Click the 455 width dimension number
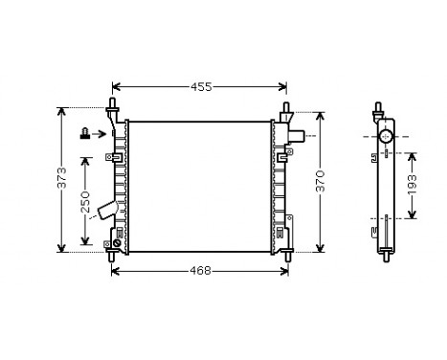coord(200,87)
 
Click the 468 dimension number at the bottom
coord(200,271)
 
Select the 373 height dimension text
coord(62,179)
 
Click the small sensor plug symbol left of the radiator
coord(85,135)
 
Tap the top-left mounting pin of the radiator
coord(113,104)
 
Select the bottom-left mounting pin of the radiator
coord(113,255)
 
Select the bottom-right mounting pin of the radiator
coord(286,255)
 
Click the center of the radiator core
coord(199,186)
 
